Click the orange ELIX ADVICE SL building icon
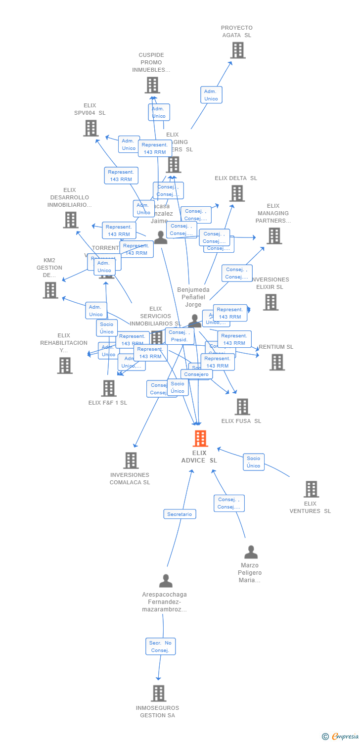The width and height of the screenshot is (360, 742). click(200, 438)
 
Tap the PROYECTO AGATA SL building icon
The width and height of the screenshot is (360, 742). click(238, 50)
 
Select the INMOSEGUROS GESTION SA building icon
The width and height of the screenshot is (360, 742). click(158, 693)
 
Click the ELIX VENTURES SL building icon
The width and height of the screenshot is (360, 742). click(311, 489)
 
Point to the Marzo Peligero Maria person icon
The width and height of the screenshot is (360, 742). click(251, 552)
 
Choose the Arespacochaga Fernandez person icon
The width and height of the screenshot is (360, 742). click(166, 581)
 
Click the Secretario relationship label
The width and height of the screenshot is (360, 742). click(180, 514)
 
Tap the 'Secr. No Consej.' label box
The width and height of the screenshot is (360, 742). click(161, 647)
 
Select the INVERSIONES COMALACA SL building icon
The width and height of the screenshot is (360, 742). click(131, 460)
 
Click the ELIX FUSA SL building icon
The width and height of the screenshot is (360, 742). click(242, 407)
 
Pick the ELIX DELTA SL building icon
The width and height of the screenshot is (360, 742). click(237, 193)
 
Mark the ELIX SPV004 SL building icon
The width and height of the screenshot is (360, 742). click(90, 128)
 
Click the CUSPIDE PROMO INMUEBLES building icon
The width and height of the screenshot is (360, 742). click(152, 85)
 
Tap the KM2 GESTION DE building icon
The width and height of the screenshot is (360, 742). click(50, 290)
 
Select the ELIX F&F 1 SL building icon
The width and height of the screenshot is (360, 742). click(109, 388)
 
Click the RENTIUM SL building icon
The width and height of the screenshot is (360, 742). click(277, 362)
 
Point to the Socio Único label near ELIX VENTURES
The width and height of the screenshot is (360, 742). click(253, 462)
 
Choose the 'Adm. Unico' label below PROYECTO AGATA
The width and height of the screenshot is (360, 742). click(211, 95)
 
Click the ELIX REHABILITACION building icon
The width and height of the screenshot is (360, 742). click(65, 366)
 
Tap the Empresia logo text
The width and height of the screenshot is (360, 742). click(345, 737)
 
